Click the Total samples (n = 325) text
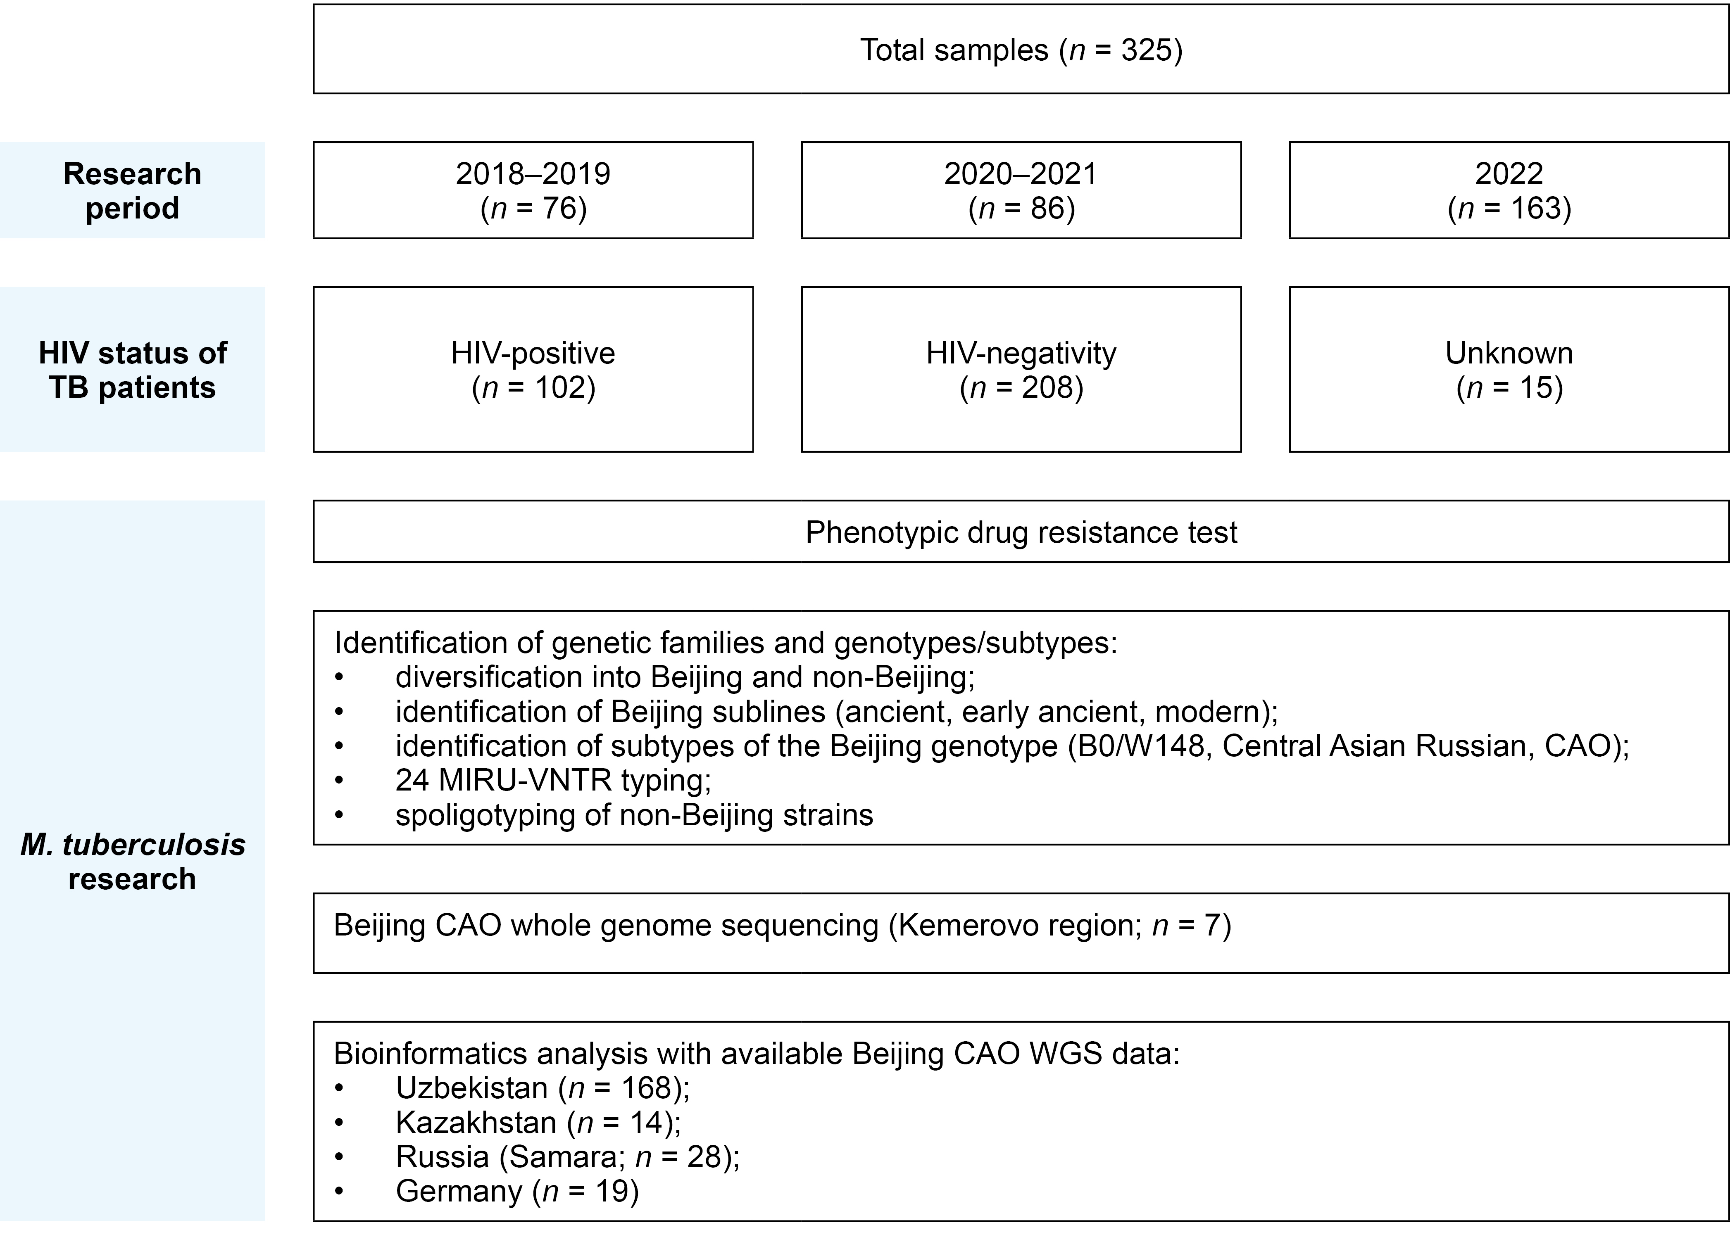[x=1021, y=50]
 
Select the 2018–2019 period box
[x=533, y=190]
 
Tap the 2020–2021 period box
[x=1021, y=190]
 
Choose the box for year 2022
[x=1508, y=190]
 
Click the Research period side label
[x=133, y=190]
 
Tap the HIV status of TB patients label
[x=133, y=370]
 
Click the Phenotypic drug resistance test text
[x=1021, y=532]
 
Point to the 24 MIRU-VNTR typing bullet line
[x=553, y=780]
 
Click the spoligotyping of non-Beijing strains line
[x=634, y=815]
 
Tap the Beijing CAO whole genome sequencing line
[x=782, y=926]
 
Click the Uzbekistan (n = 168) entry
[x=543, y=1088]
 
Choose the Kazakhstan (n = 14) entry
[x=538, y=1123]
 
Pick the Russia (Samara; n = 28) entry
[x=568, y=1157]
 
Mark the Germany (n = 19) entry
[x=516, y=1191]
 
